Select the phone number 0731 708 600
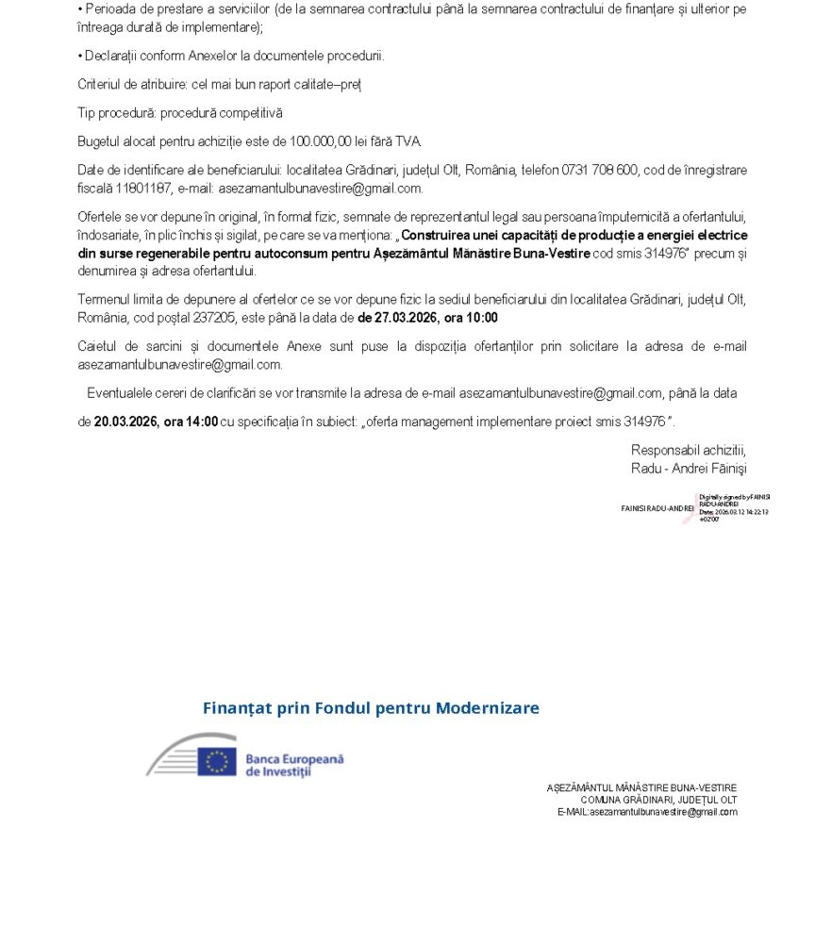601,170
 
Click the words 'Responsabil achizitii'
689,450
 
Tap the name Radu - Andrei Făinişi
689,468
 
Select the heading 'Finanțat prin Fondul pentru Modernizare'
371,708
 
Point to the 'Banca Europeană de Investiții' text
294,765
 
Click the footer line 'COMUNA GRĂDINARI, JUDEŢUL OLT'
658,800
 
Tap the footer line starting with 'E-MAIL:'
647,812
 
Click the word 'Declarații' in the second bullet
111,57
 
